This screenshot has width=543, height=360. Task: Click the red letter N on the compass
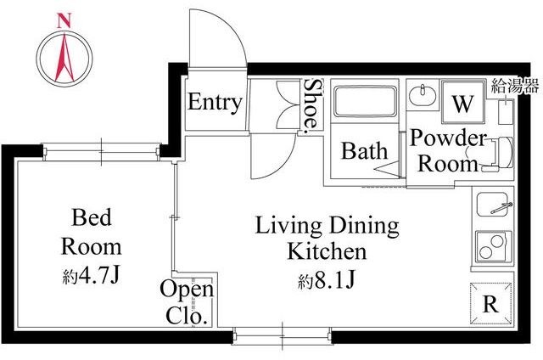(x=64, y=20)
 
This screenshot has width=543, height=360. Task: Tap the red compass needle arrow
(x=64, y=58)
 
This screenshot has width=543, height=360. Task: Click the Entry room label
(x=215, y=102)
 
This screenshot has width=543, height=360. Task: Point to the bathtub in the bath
(x=365, y=101)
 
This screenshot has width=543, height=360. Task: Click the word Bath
(x=364, y=151)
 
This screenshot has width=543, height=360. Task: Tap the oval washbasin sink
(x=423, y=94)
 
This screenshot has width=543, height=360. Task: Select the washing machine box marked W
(x=463, y=102)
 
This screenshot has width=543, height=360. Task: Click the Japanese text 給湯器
(x=515, y=86)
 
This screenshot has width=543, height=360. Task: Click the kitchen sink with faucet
(x=494, y=205)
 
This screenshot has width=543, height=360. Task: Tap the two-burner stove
(x=494, y=247)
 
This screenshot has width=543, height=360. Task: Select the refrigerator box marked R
(x=490, y=303)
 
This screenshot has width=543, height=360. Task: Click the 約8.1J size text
(x=326, y=280)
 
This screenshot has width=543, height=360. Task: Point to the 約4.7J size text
(x=91, y=276)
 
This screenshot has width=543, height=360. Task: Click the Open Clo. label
(x=187, y=302)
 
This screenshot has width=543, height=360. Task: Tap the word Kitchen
(x=327, y=251)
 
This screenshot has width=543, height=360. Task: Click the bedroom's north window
(x=102, y=152)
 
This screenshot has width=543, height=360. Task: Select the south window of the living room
(x=283, y=335)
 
